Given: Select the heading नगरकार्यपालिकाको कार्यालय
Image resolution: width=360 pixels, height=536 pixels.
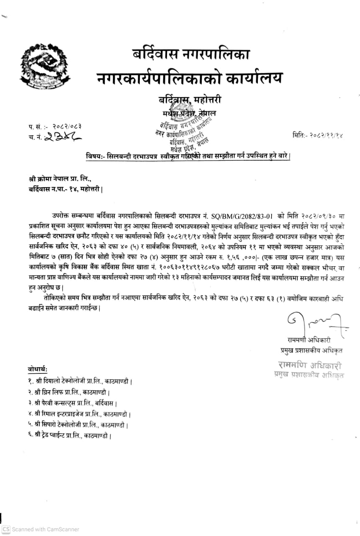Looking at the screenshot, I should (x=189, y=78).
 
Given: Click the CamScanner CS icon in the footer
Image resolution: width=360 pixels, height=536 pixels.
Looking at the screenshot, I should (x=5, y=529).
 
